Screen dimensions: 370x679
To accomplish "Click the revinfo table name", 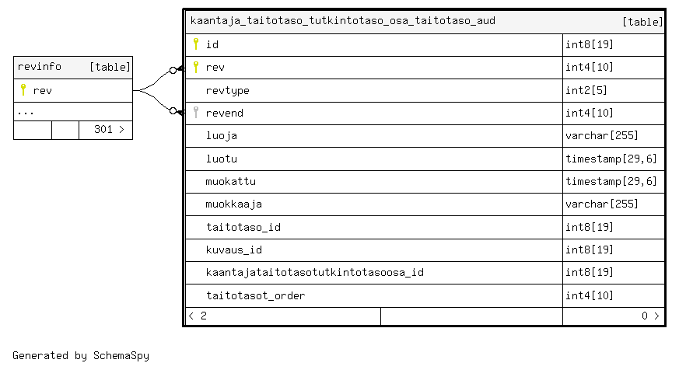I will click(x=40, y=67).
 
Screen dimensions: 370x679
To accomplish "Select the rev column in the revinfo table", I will click(x=43, y=90).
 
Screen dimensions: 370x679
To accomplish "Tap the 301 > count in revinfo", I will click(x=109, y=130).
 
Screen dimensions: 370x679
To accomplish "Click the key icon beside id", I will click(x=196, y=44).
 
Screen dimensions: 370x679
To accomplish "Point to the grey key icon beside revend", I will click(x=196, y=113).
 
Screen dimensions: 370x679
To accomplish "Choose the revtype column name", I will click(x=227, y=90).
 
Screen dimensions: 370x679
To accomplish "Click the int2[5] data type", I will click(x=587, y=90).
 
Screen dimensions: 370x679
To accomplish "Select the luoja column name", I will click(x=221, y=136).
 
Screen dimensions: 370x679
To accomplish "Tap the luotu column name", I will click(x=221, y=159).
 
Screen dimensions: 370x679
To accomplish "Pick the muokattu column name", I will click(x=230, y=181).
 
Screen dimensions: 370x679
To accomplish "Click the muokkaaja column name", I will click(x=233, y=204).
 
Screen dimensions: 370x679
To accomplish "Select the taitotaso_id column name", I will click(x=243, y=227).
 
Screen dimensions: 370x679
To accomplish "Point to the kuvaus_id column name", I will click(x=233, y=250).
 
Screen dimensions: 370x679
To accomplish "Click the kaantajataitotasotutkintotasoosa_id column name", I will click(x=314, y=273).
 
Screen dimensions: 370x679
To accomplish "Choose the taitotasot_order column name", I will click(x=255, y=295).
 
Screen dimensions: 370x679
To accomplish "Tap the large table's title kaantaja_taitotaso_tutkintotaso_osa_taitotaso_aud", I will click(x=342, y=21).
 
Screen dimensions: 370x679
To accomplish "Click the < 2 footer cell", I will click(x=198, y=316).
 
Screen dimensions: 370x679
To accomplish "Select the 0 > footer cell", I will click(x=649, y=316).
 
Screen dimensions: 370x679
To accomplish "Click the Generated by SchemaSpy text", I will click(x=81, y=355).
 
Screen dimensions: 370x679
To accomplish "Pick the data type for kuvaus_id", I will click(x=590, y=250).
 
